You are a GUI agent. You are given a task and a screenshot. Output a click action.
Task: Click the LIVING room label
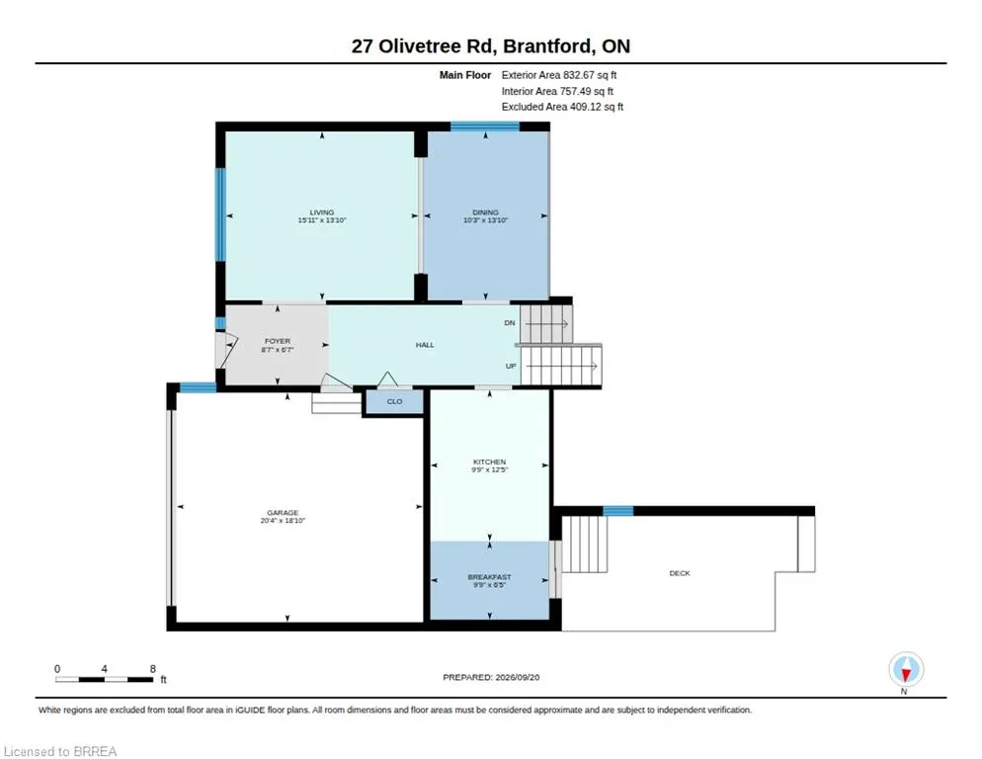point(322,212)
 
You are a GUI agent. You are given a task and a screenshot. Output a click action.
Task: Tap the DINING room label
point(485,212)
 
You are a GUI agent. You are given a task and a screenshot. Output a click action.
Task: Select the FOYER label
point(278,342)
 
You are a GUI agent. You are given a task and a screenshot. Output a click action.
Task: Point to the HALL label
point(425,345)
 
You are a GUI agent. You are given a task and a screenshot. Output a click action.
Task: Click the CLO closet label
point(394,401)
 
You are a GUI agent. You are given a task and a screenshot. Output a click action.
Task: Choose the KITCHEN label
point(489,462)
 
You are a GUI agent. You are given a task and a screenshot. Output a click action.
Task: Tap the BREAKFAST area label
point(489,577)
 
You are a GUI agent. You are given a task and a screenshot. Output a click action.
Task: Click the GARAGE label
point(283,513)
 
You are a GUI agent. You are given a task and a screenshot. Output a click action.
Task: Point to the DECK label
point(680,573)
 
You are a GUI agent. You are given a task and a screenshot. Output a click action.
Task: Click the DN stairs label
point(509,323)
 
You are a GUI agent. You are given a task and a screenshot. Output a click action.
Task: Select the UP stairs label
point(511,366)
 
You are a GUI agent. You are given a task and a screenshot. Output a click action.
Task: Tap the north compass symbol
point(906,670)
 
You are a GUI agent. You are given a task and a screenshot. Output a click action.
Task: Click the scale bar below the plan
point(104,679)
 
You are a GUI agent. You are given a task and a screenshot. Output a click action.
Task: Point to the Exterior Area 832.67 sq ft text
point(558,75)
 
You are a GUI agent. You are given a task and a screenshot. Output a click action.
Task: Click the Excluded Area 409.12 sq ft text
point(562,107)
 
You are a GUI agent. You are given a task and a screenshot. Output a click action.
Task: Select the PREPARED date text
point(491,678)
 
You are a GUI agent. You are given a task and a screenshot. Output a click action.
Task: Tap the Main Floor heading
point(465,75)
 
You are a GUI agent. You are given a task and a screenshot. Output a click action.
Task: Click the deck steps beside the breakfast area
point(584,544)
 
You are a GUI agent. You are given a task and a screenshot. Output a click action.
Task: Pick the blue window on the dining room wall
point(485,126)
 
